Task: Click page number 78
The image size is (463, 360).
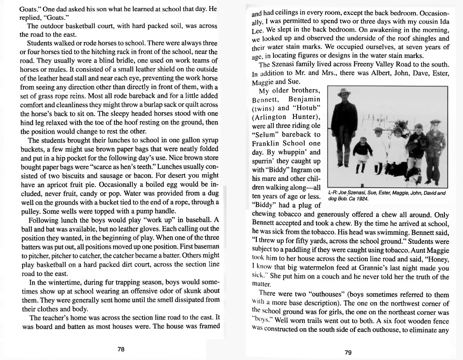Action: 120,349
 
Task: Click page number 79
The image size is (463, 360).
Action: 348,353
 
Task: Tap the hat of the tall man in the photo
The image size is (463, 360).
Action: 344,92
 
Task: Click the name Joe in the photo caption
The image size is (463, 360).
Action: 344,193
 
